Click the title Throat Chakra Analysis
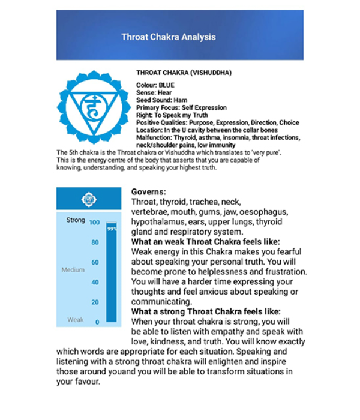pos(168,37)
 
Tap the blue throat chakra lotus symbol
pos(93,107)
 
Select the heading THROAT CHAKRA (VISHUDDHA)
pos(184,73)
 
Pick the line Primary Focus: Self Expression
pos(181,107)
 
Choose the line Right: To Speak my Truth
pos(172,115)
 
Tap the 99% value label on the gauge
pos(111,229)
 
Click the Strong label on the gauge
pos(76,220)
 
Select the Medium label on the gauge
pos(73,270)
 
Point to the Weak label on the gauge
pos(76,320)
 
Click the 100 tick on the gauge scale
pos(94,223)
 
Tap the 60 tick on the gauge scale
pos(95,262)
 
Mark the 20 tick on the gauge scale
pos(95,302)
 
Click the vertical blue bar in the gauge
pos(111,276)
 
